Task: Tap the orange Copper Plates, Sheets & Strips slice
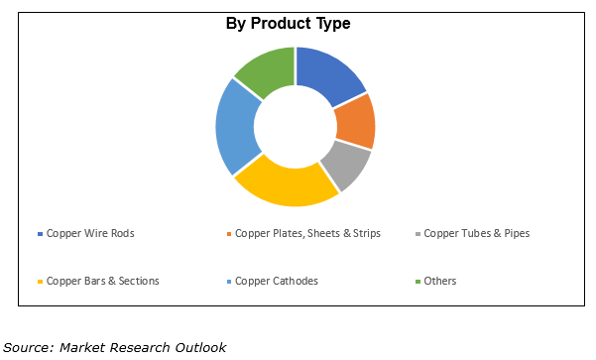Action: click(x=354, y=121)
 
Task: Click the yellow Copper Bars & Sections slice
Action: click(x=286, y=185)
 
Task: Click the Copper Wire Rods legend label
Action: click(x=89, y=234)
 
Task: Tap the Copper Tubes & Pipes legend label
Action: click(x=476, y=234)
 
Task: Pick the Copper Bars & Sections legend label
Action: click(x=102, y=281)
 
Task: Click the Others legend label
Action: click(x=439, y=281)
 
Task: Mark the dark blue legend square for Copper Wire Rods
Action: click(x=40, y=235)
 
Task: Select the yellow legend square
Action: click(x=40, y=282)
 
